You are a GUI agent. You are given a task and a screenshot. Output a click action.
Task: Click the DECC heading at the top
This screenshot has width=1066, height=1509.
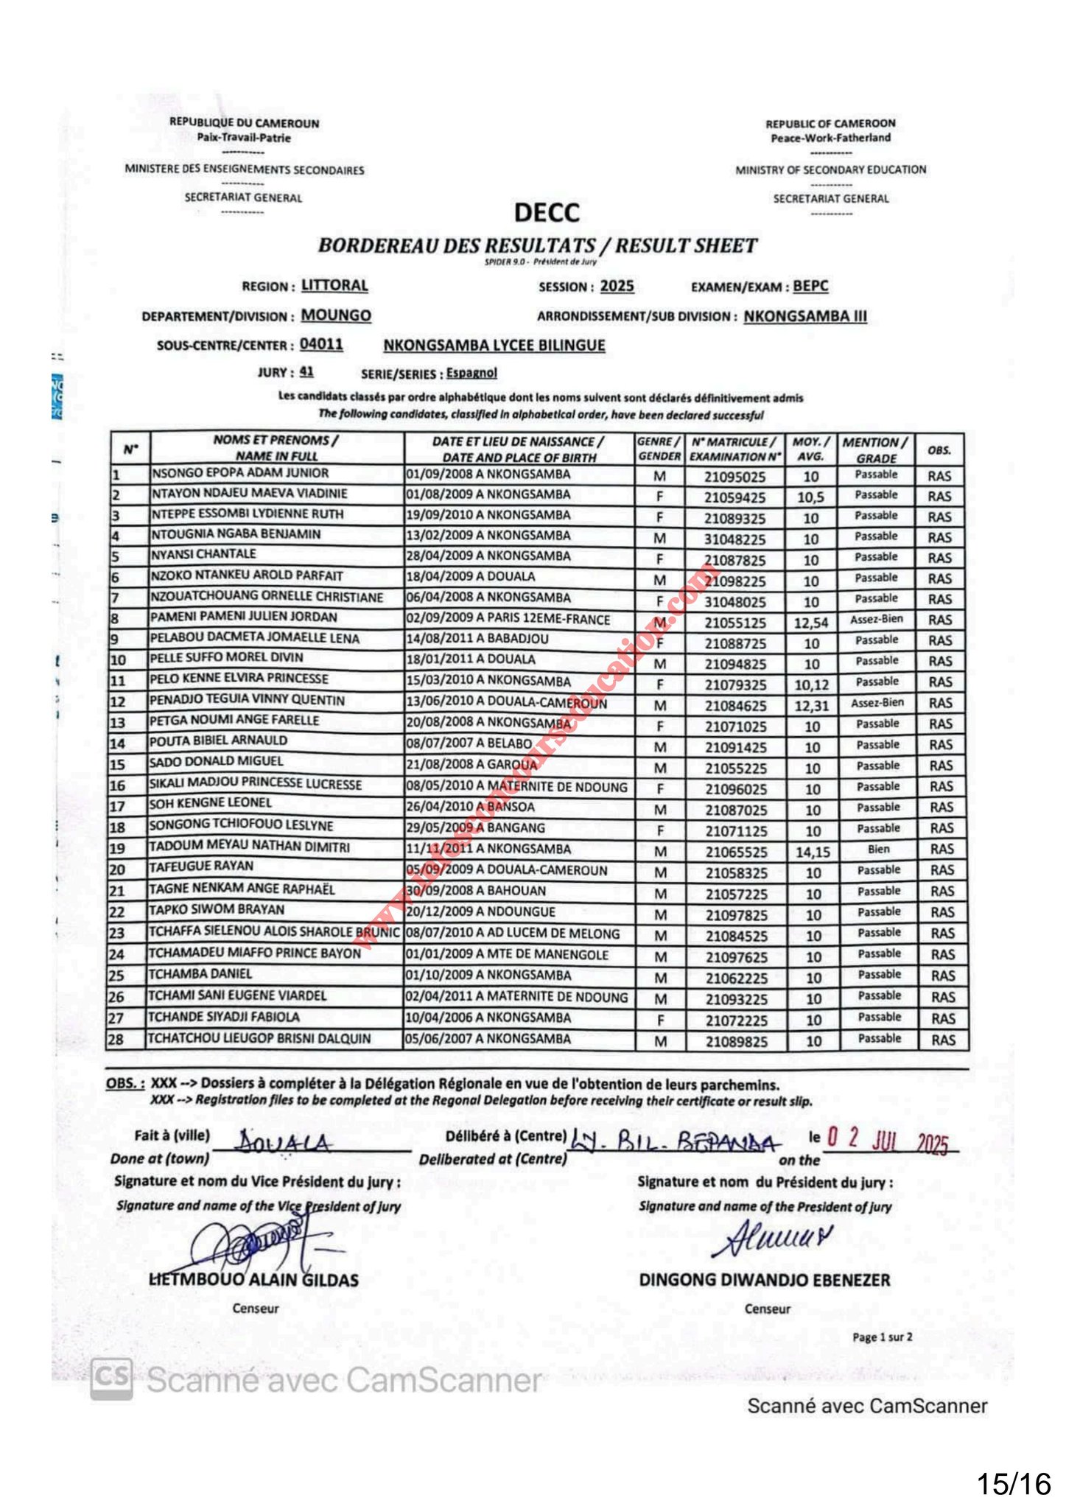coord(547,213)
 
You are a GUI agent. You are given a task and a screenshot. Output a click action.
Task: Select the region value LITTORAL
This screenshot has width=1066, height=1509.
coord(334,286)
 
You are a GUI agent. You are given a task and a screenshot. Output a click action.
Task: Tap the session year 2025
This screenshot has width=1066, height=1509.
coord(617,287)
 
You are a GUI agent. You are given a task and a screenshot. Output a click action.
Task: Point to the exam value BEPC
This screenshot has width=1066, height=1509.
coord(810,287)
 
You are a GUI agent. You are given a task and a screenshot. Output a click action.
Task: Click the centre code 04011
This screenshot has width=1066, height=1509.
coord(321,345)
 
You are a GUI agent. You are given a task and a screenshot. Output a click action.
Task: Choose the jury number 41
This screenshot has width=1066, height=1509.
coord(306,373)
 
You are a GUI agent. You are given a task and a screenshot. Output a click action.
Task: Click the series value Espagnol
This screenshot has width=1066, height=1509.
coord(471,374)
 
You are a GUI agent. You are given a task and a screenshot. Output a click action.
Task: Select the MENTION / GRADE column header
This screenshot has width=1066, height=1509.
coord(875,449)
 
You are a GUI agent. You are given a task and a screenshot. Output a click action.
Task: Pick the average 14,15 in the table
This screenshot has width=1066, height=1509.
coord(813,852)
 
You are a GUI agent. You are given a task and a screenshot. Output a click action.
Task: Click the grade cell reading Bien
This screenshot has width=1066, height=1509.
coord(878,850)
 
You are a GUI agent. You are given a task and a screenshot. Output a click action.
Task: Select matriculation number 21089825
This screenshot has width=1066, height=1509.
coord(736,1042)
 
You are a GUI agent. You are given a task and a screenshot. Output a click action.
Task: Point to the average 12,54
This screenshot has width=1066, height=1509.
coord(811,623)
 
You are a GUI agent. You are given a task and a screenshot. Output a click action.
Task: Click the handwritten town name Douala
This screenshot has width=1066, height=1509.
coord(284,1142)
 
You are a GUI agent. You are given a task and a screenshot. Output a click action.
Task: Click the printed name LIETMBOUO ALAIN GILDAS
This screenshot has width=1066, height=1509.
coord(254,1280)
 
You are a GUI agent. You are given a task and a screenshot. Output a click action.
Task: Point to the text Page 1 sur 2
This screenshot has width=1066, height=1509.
coord(882,1337)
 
